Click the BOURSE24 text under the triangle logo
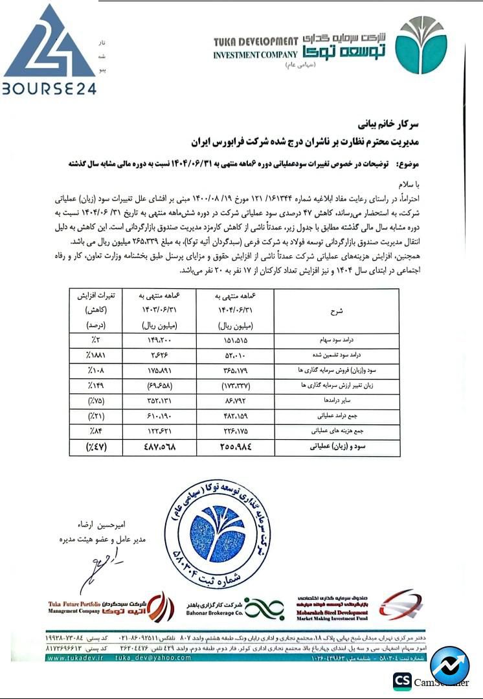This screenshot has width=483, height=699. [48, 87]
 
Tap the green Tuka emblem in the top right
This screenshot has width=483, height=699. [421, 46]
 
